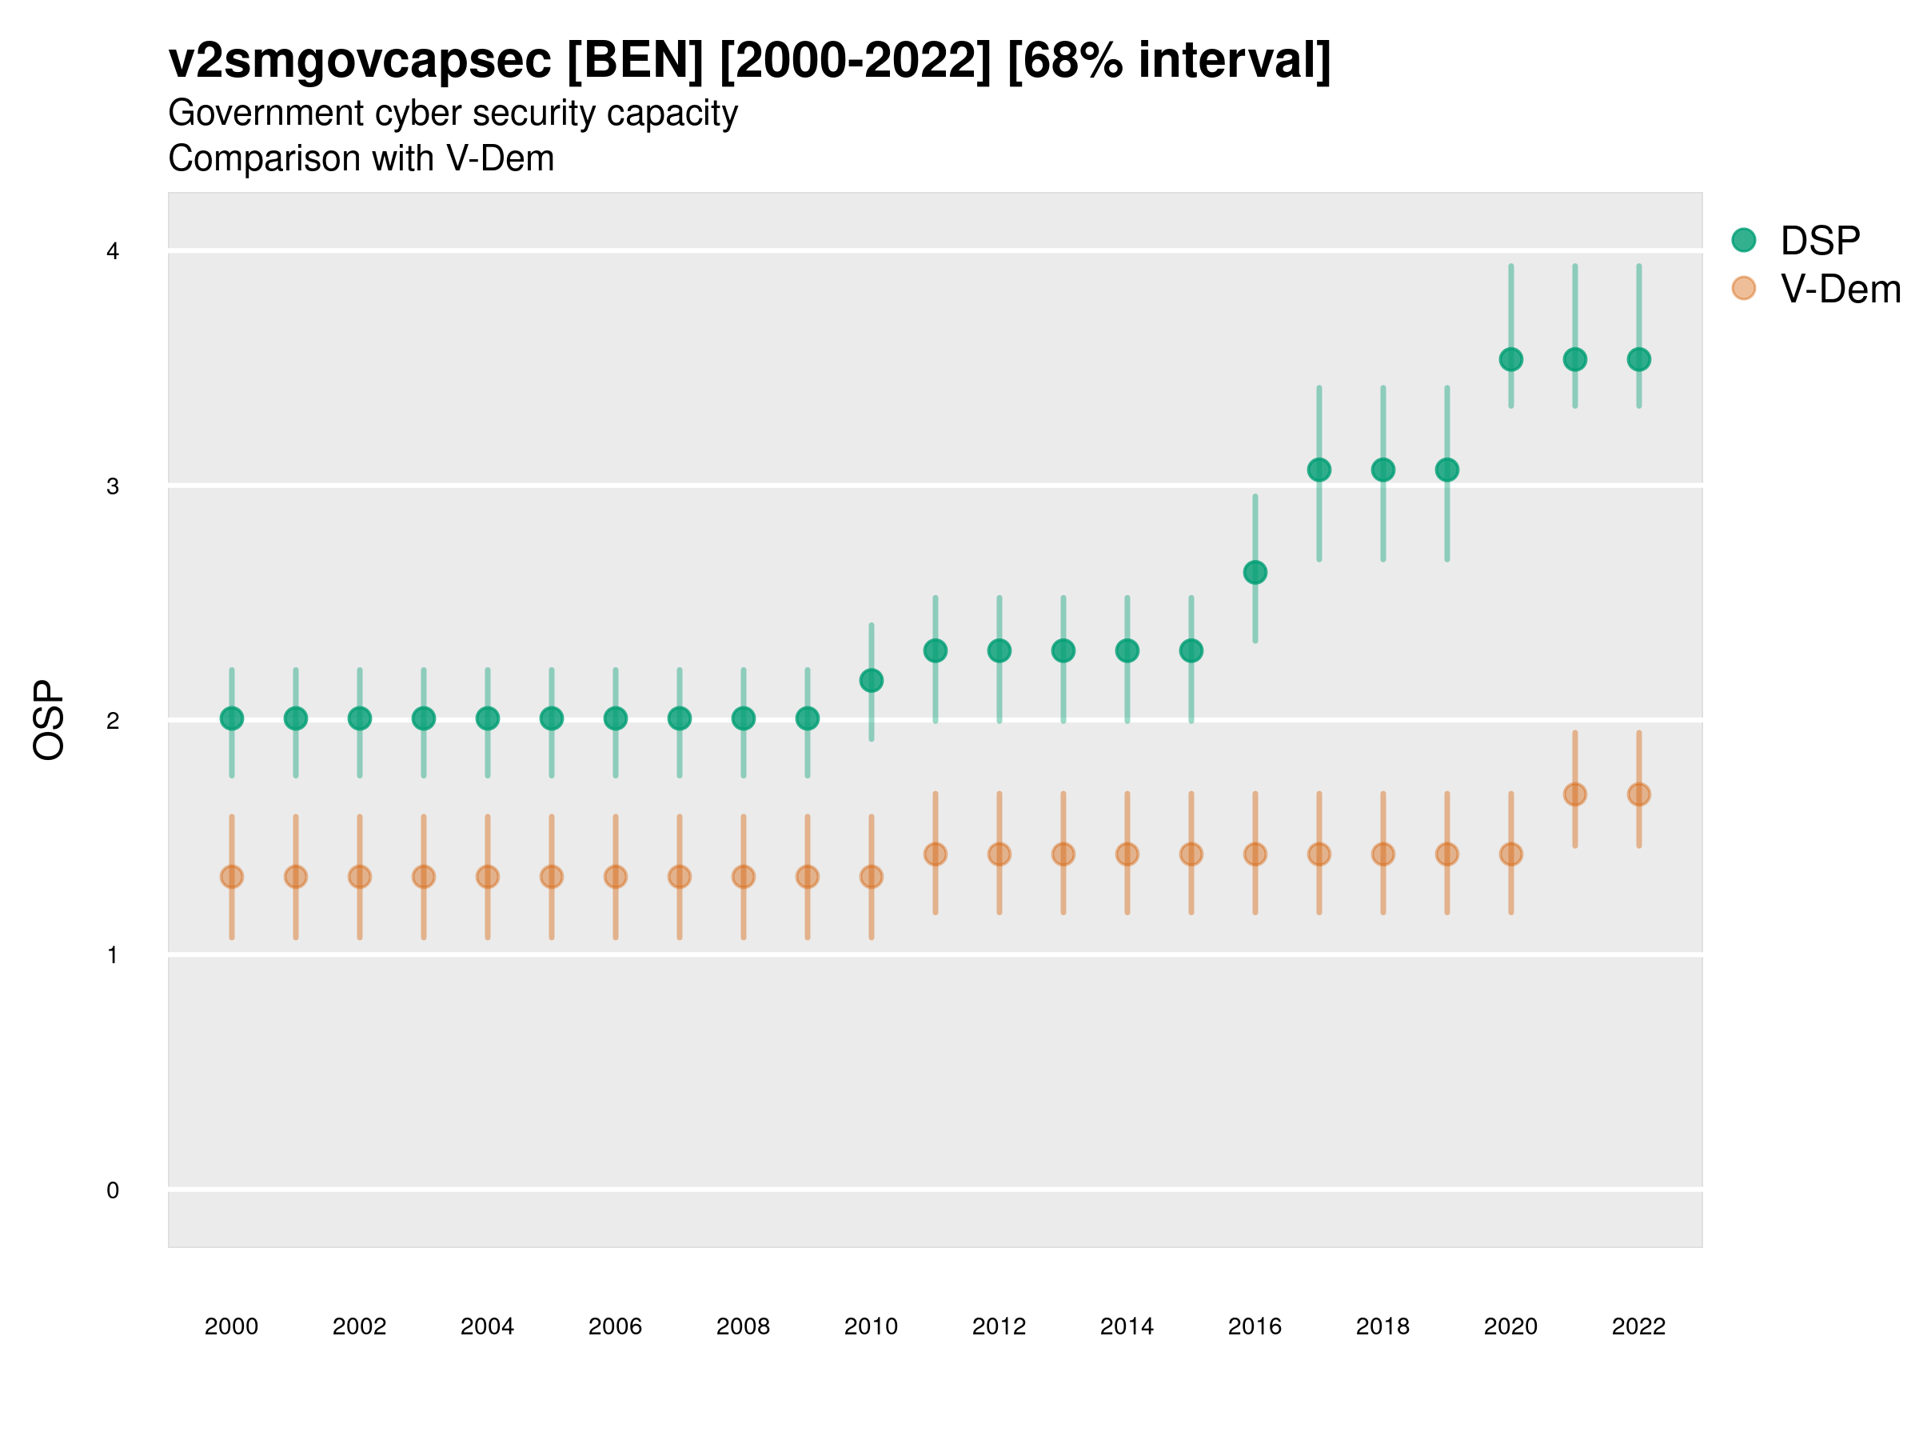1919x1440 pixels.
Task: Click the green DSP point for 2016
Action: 1255,572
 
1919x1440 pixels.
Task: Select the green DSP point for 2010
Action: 871,681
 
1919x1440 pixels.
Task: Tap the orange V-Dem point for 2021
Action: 1574,794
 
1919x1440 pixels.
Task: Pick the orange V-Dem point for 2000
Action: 232,877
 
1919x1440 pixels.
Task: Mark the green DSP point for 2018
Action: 1382,470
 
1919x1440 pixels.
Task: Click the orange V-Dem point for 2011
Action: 936,854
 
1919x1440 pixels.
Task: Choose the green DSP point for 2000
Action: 232,718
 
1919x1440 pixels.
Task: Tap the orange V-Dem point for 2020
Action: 1510,854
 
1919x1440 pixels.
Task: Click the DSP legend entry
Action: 1818,241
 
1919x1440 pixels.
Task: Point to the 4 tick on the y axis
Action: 113,252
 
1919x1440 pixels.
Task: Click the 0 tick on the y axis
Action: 113,1190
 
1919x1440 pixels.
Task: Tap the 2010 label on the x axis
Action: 871,1326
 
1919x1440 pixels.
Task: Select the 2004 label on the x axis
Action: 488,1326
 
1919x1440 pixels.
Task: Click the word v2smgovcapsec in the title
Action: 360,61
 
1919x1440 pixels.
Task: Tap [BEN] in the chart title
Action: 635,61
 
